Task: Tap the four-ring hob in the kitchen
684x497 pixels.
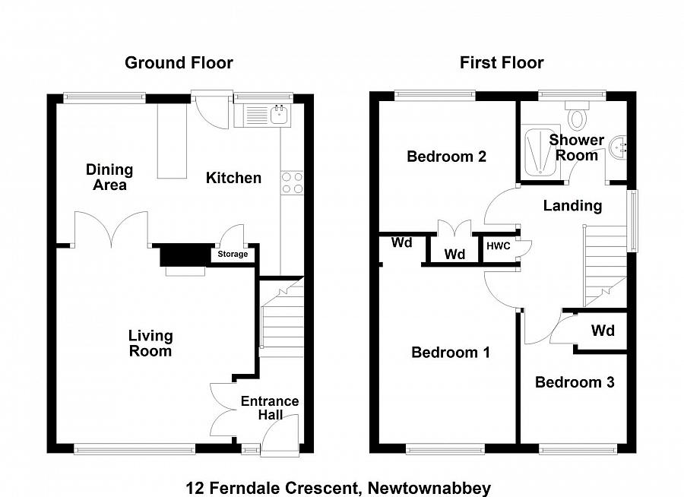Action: click(x=292, y=182)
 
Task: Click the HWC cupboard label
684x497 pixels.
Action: click(x=498, y=246)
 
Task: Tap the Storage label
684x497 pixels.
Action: click(x=233, y=254)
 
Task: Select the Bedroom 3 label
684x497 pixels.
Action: click(x=575, y=382)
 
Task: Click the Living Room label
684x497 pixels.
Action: click(x=150, y=343)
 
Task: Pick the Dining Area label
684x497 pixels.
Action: click(x=109, y=177)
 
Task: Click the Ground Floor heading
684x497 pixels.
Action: click(x=179, y=62)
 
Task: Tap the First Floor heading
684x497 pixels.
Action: click(x=502, y=62)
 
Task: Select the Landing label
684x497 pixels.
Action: click(x=572, y=205)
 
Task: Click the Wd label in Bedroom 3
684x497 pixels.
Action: click(x=603, y=331)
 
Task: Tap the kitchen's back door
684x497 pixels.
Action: click(x=211, y=110)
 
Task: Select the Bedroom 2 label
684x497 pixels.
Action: click(x=446, y=157)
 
